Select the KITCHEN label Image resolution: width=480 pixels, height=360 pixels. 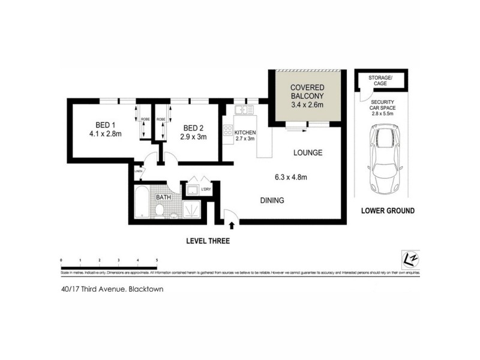tap(245, 132)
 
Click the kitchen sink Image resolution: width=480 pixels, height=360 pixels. tap(244, 109)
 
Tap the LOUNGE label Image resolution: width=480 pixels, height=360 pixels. tap(308, 152)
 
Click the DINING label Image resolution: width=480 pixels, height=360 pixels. tap(271, 200)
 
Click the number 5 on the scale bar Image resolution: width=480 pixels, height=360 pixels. tap(157, 260)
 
